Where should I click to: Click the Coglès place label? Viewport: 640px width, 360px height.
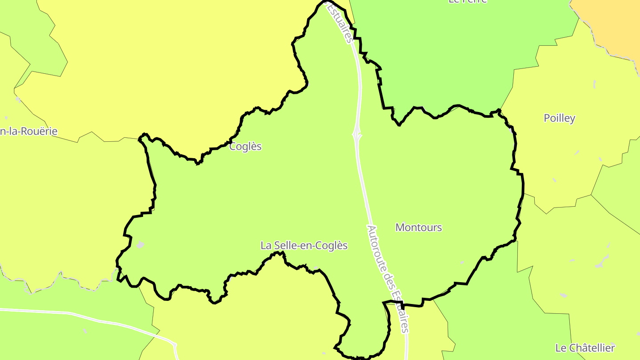point(245,146)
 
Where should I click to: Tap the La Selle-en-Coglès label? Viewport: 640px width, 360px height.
point(304,245)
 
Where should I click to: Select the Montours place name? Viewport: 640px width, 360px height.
point(419,228)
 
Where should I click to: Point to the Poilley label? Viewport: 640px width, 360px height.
point(560,118)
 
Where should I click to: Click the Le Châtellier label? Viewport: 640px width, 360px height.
point(585,348)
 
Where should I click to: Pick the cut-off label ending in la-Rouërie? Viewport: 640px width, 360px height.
point(28,131)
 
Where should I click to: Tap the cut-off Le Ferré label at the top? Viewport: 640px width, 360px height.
point(468,1)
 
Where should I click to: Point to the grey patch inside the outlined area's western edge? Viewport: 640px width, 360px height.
point(140,244)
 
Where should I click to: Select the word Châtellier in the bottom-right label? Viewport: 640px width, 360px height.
point(592,348)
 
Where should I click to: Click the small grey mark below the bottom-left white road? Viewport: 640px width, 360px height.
point(85,331)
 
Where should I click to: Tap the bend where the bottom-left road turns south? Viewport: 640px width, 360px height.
point(174,344)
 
